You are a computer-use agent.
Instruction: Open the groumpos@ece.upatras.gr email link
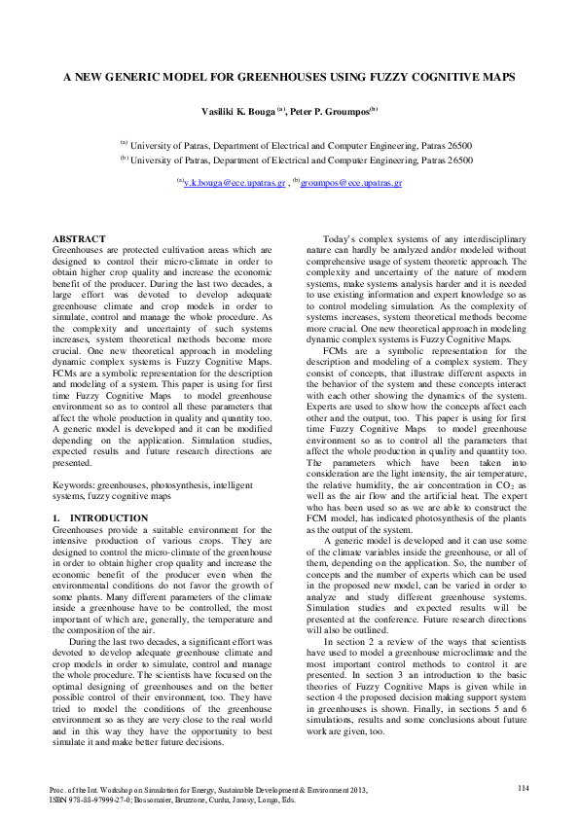point(351,182)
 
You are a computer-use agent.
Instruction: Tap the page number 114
point(523,786)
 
